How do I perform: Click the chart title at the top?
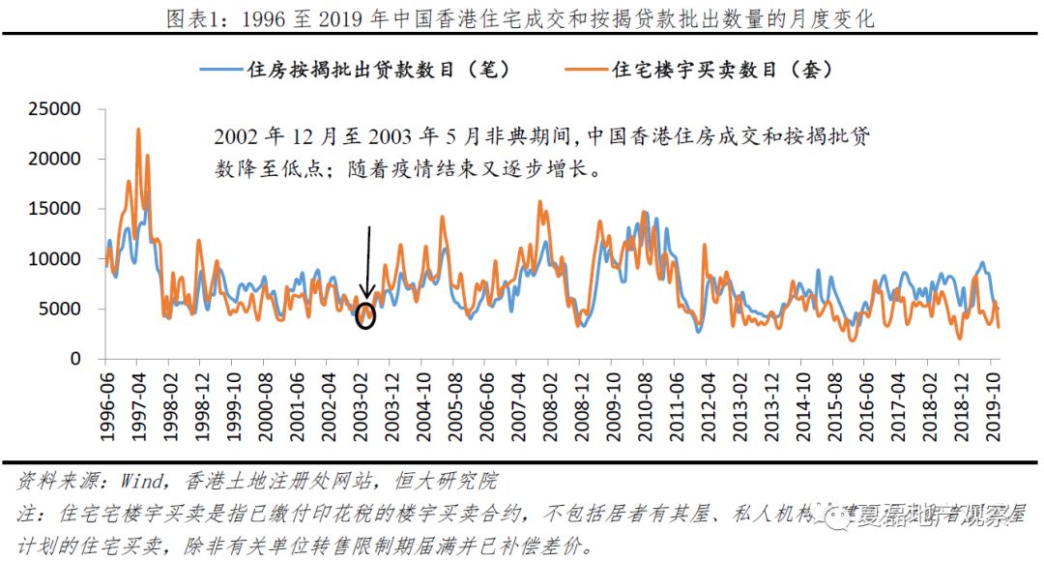(521, 16)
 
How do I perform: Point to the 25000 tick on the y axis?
(54, 108)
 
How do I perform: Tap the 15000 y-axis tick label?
(54, 209)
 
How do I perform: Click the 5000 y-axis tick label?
(60, 310)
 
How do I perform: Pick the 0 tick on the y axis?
(75, 360)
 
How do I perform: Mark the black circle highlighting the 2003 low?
(365, 315)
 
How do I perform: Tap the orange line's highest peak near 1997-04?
(138, 130)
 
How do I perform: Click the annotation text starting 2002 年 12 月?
(541, 152)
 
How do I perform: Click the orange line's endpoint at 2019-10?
(999, 327)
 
